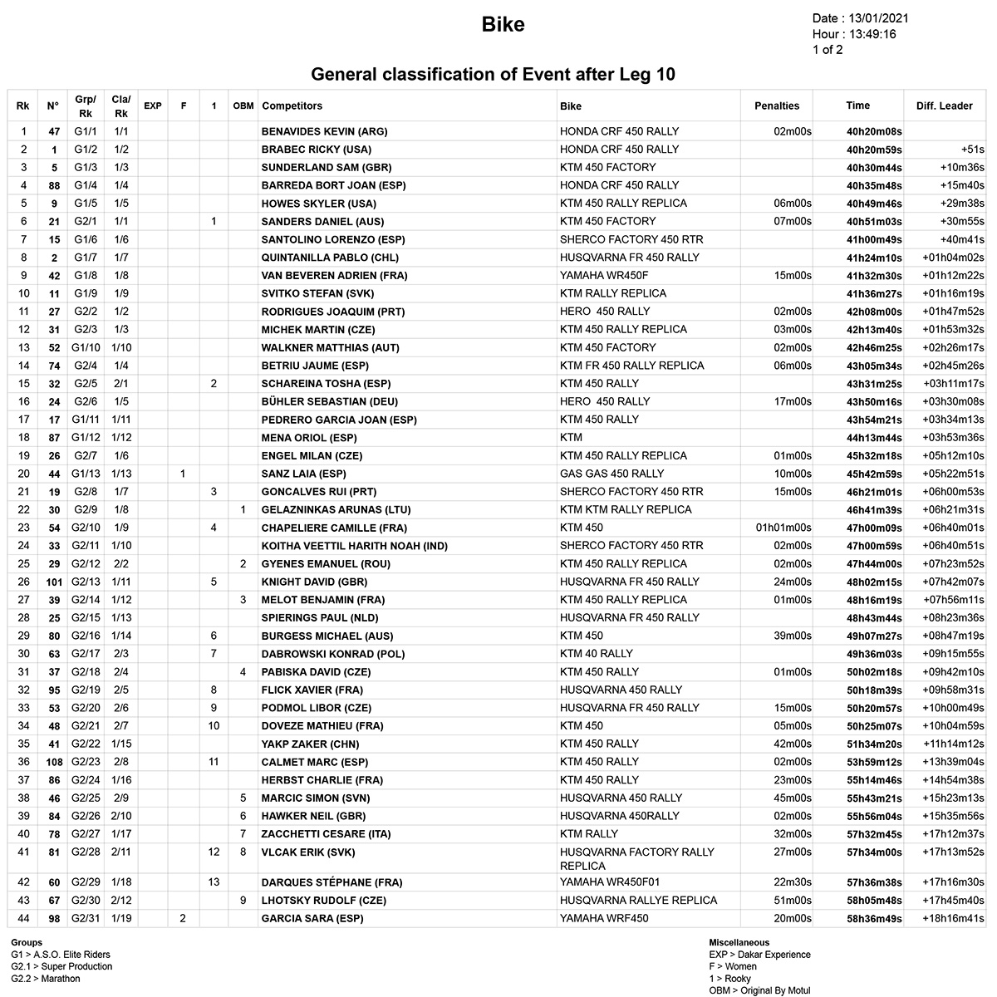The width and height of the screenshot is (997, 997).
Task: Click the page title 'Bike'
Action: click(x=503, y=25)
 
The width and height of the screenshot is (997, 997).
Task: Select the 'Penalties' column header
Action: click(x=776, y=106)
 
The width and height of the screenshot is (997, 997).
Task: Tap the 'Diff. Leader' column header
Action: click(x=944, y=106)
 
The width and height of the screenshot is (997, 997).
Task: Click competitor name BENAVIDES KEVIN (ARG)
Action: click(x=324, y=131)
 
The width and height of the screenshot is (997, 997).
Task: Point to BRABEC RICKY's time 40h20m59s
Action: click(x=873, y=150)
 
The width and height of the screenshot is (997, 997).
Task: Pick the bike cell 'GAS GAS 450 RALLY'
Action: click(x=611, y=474)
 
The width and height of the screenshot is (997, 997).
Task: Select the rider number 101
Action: click(x=52, y=582)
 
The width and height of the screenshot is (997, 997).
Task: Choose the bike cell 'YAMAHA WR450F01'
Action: click(x=610, y=882)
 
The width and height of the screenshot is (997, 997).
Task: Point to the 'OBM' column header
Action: click(x=243, y=106)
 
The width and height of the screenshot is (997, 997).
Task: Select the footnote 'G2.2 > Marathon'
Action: click(x=46, y=979)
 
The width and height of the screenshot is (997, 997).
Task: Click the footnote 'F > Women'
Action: click(x=733, y=966)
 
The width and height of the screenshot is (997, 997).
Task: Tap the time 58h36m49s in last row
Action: click(x=873, y=918)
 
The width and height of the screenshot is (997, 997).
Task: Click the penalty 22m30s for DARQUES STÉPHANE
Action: click(x=792, y=882)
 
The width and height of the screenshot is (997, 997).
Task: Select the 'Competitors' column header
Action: click(x=292, y=106)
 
